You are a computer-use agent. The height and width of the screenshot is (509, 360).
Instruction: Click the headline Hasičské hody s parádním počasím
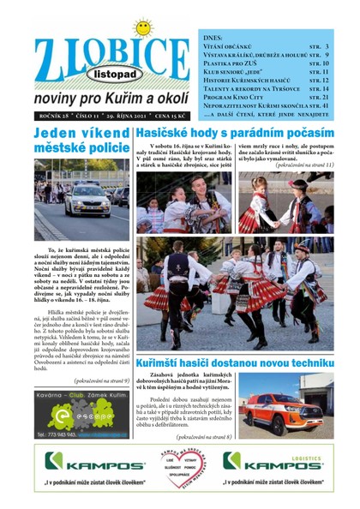coord(239,135)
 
